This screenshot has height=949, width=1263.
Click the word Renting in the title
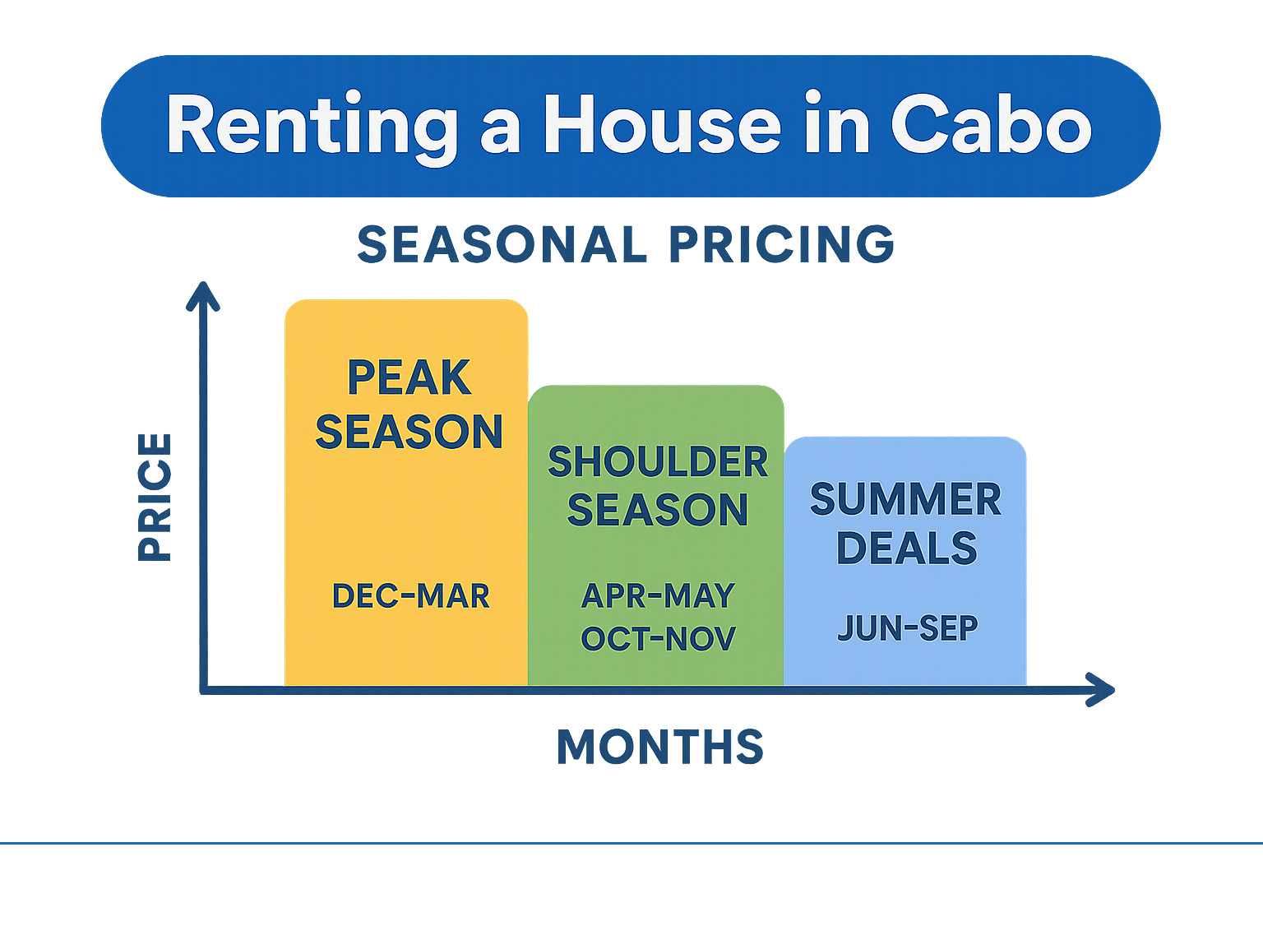click(312, 127)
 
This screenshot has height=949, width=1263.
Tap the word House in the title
click(663, 123)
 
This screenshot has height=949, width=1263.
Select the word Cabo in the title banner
click(992, 123)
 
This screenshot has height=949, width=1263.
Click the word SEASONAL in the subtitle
click(502, 244)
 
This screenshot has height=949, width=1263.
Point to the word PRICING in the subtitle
click(781, 244)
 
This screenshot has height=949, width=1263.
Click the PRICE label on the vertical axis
click(155, 498)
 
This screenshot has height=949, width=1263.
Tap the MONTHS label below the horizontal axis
click(660, 747)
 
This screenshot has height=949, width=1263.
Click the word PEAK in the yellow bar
click(409, 377)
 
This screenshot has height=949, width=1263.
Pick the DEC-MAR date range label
click(411, 595)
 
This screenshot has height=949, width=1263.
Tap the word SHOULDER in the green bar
click(658, 461)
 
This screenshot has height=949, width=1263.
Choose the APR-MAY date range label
click(659, 595)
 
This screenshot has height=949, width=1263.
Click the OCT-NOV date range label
click(659, 639)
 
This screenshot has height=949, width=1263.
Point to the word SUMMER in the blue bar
click(905, 499)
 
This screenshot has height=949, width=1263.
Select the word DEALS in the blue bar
click(907, 548)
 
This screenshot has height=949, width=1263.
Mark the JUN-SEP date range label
click(908, 628)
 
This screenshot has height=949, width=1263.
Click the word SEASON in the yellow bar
click(409, 432)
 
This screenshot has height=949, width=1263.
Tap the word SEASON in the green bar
click(658, 510)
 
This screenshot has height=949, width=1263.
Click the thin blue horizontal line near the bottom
click(631, 843)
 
